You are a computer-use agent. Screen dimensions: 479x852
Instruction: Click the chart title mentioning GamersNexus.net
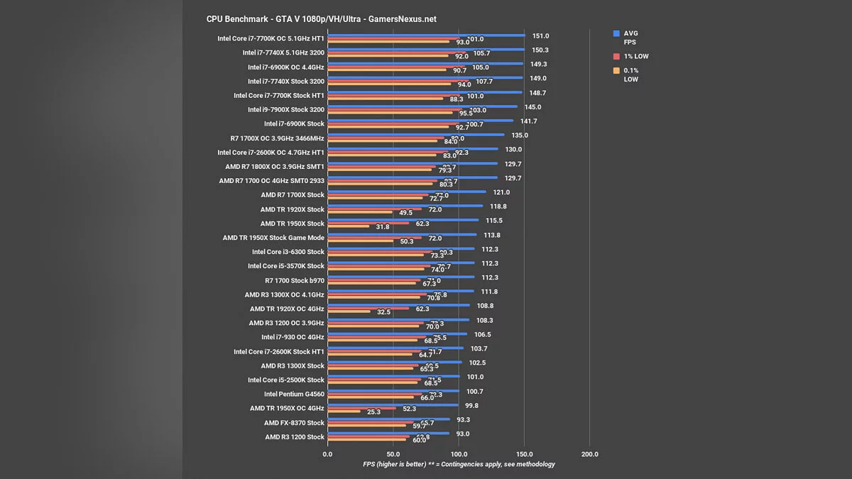tap(321, 19)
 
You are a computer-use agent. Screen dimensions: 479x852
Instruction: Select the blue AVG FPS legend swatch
tap(617, 33)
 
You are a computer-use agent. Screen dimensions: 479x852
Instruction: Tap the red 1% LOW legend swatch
tap(617, 56)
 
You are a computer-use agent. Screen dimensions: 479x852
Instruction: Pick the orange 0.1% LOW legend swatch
tap(617, 70)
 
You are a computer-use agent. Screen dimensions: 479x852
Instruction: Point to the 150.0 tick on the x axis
tap(524, 454)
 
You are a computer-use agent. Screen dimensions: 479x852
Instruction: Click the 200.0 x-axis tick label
tap(589, 454)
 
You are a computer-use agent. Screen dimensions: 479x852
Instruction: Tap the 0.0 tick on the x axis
tap(327, 454)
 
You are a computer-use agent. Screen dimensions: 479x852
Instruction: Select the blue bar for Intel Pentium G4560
tap(393, 390)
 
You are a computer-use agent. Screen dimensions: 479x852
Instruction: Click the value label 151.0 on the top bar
tap(541, 35)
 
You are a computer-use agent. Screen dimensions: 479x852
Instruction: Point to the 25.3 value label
tap(373, 412)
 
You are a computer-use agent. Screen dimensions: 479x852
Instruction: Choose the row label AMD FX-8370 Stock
tap(294, 423)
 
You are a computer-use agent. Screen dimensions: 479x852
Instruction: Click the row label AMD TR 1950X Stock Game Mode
tap(273, 238)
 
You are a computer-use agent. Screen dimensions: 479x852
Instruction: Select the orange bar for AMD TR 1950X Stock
tap(348, 226)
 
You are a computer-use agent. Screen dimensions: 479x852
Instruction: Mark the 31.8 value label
tap(382, 227)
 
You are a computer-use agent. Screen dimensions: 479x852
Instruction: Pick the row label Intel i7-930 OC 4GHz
tap(293, 337)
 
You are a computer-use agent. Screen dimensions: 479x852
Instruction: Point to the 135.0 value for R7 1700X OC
tap(520, 136)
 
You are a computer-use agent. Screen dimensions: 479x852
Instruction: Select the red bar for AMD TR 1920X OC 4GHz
tap(368, 309)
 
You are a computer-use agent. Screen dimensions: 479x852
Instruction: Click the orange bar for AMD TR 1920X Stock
tap(360, 212)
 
